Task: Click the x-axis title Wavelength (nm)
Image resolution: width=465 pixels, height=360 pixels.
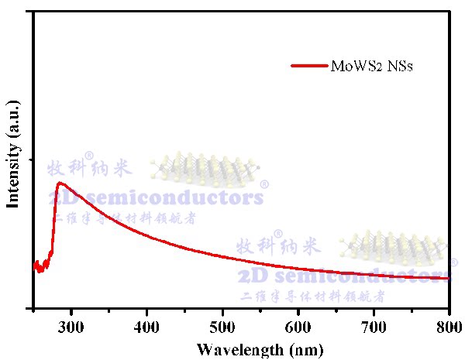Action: tap(243, 348)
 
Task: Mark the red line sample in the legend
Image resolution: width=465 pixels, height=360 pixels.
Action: tap(312, 67)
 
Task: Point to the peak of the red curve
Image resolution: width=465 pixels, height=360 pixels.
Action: tap(60, 183)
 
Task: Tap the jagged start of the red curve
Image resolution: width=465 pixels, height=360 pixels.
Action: tap(41, 266)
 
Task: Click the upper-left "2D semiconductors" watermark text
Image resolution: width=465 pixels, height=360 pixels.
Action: tap(155, 197)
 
